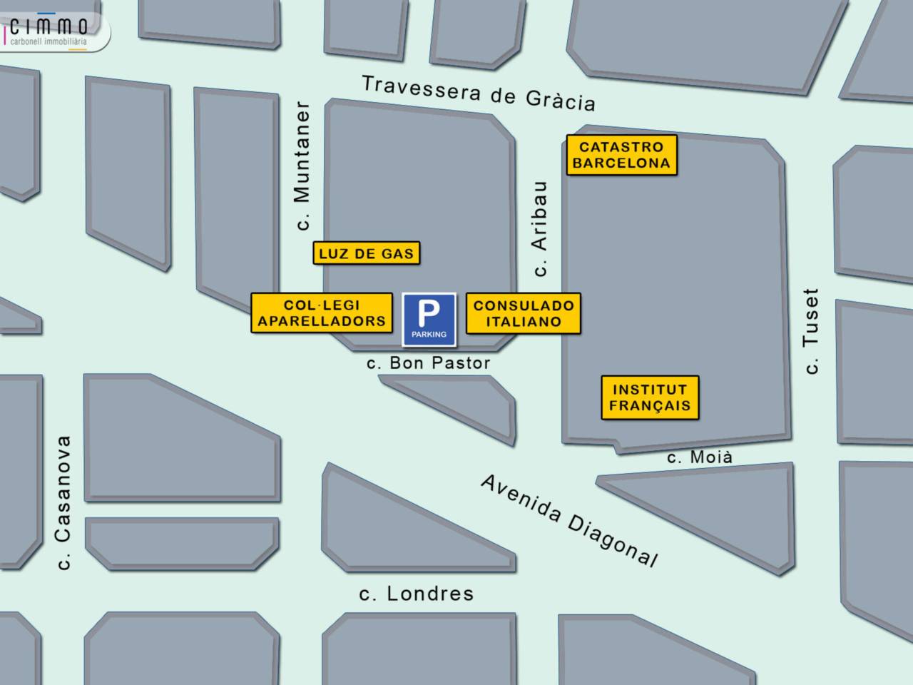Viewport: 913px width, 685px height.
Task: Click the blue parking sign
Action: [429, 319]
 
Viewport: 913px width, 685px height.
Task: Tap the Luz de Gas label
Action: [366, 253]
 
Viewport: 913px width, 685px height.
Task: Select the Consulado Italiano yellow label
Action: [524, 313]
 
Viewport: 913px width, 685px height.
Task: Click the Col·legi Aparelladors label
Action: [322, 313]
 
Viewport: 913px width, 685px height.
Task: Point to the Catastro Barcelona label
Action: [621, 155]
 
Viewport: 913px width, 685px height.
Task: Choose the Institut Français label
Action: [650, 397]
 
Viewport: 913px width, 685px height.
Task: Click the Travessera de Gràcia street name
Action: [478, 93]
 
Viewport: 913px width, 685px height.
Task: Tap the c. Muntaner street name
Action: [302, 166]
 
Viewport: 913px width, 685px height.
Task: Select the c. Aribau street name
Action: [540, 228]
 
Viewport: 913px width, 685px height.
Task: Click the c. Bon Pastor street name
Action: [429, 363]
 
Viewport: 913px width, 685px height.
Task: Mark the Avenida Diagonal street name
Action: [569, 520]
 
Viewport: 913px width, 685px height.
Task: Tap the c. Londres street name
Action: [417, 594]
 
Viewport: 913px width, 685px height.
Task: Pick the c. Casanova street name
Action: [63, 503]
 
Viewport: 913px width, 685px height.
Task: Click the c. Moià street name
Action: [700, 457]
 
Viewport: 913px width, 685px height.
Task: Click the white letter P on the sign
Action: [428, 313]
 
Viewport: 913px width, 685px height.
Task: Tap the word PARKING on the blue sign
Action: [429, 334]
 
